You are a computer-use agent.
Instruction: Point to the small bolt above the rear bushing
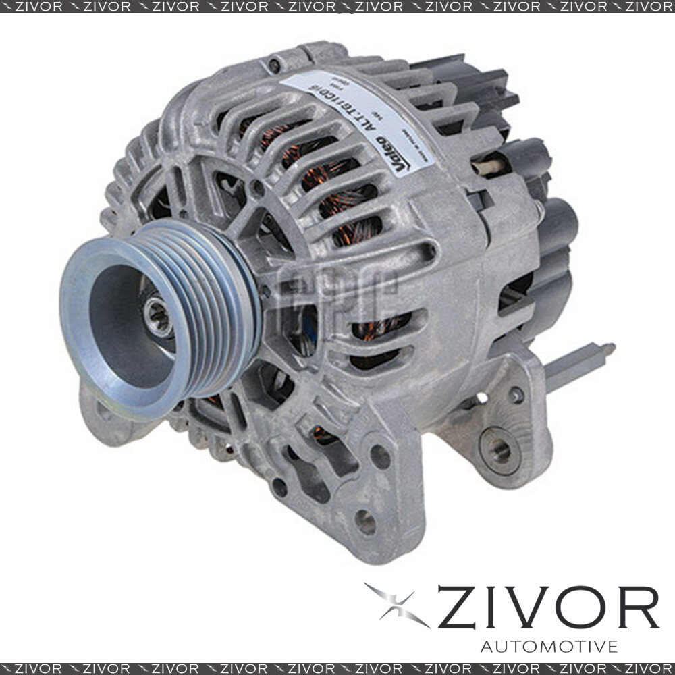(x=516, y=394)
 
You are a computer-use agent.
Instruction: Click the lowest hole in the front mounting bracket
(x=365, y=522)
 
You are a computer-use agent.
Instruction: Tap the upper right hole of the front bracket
(x=380, y=457)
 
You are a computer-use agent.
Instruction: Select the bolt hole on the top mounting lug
(x=273, y=65)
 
